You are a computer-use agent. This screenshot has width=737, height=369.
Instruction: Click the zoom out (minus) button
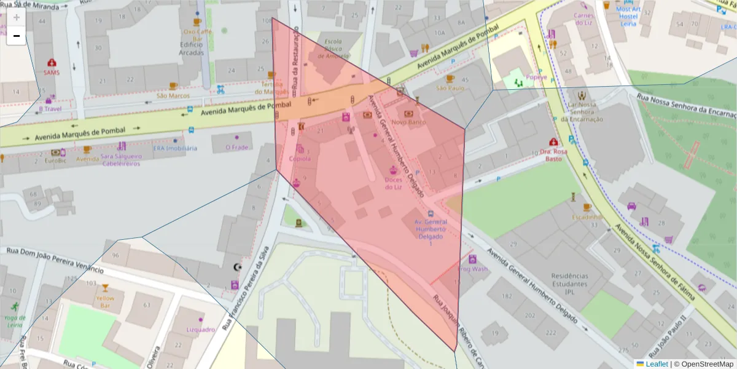[x=17, y=36]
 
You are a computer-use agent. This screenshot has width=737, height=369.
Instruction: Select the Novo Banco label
[x=408, y=122]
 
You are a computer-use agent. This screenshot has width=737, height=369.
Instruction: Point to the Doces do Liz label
[x=393, y=183]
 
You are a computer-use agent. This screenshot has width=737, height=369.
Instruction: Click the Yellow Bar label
[x=104, y=301]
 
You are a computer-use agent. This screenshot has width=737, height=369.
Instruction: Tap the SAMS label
[x=52, y=72]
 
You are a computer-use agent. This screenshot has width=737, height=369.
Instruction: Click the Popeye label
[x=536, y=77]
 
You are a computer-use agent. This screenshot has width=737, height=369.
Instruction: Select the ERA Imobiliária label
[x=175, y=148]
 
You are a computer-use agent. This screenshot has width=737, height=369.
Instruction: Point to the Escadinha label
[x=586, y=217]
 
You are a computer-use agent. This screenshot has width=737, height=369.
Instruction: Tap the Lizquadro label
[x=200, y=330]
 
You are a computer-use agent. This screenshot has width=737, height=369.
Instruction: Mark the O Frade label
[x=236, y=148]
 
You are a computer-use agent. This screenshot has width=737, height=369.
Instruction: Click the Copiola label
[x=300, y=159]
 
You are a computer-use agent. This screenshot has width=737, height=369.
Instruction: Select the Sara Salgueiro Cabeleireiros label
[x=121, y=160]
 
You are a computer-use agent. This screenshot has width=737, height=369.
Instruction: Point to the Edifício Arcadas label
[x=192, y=49]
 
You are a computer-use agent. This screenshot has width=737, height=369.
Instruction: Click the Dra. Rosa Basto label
[x=553, y=154]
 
